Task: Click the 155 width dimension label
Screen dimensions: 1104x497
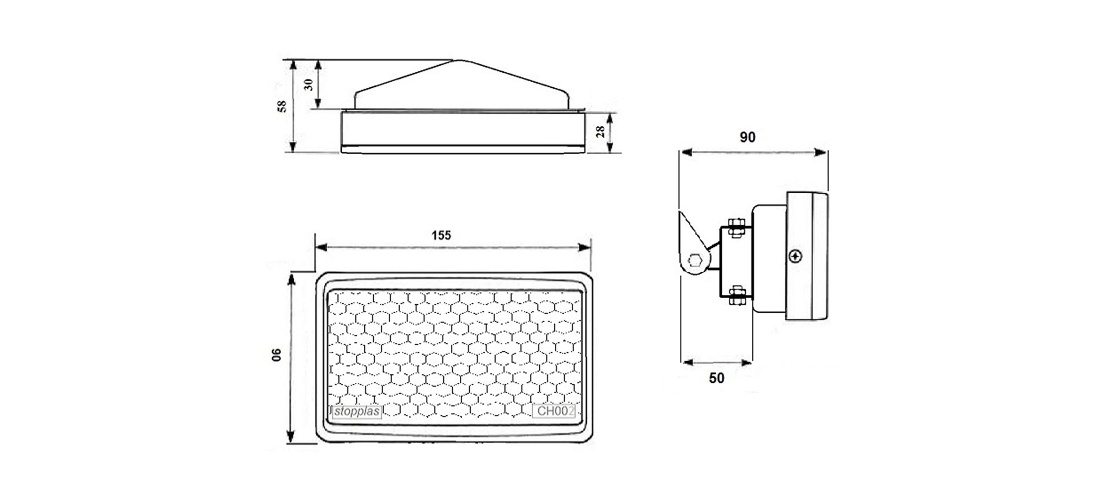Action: pyautogui.click(x=441, y=235)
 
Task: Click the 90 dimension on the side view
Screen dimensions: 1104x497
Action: pyautogui.click(x=747, y=137)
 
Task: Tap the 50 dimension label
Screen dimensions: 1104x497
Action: pyautogui.click(x=716, y=378)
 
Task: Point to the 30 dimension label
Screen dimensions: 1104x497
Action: pyautogui.click(x=309, y=84)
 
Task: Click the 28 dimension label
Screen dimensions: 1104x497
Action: pyautogui.click(x=601, y=131)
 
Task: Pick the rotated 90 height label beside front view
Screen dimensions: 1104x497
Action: pyautogui.click(x=277, y=355)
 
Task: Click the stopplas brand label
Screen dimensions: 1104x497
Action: pyautogui.click(x=357, y=412)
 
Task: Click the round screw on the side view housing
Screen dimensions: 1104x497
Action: pyautogui.click(x=795, y=256)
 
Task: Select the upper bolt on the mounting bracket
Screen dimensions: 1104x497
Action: pyautogui.click(x=735, y=227)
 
